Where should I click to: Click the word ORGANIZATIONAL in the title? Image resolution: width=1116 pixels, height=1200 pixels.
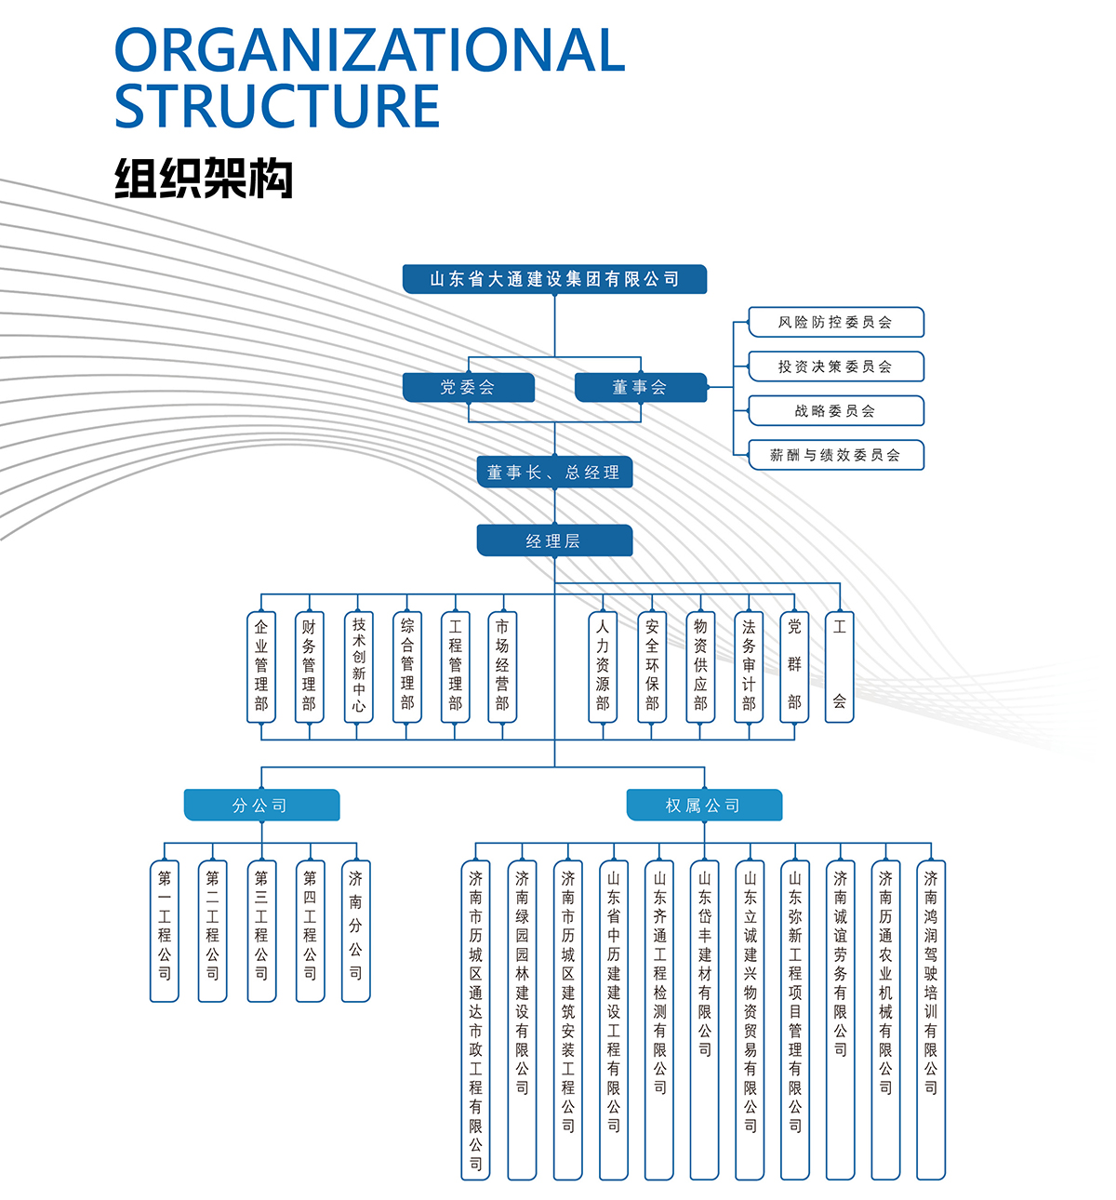tap(369, 51)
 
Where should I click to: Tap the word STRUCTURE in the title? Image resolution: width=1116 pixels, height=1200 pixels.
tap(277, 106)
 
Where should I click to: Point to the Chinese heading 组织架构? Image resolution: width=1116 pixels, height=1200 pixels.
tap(203, 179)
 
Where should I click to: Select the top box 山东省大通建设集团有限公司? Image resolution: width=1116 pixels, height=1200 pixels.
tap(554, 279)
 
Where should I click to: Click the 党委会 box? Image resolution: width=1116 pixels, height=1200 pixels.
tap(468, 387)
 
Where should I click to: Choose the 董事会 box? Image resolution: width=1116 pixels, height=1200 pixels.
tap(640, 387)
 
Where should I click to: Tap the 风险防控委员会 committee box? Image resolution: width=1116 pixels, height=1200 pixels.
tap(835, 322)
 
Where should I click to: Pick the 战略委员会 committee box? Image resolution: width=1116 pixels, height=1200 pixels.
tap(835, 410)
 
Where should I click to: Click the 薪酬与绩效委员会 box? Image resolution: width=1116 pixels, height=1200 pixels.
tap(835, 455)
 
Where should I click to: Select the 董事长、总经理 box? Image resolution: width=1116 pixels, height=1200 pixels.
tap(554, 472)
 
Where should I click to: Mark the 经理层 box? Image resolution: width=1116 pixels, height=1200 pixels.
tap(554, 540)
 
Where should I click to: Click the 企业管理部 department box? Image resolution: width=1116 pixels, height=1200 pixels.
tap(261, 666)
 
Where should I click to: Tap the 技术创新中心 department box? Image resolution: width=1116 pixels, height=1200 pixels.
tap(358, 666)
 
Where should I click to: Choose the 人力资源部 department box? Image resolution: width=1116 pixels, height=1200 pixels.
tap(603, 666)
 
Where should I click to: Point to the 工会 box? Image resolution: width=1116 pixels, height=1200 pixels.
tap(839, 666)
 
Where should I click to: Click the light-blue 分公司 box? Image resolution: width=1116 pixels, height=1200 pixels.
tap(261, 806)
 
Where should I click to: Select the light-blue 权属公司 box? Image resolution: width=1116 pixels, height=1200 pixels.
tap(704, 806)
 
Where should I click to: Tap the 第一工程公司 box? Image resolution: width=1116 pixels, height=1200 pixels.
tap(165, 930)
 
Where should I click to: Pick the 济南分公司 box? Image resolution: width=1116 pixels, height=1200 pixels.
tap(355, 930)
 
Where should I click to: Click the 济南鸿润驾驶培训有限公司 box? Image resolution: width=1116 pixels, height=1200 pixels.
tap(930, 1020)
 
